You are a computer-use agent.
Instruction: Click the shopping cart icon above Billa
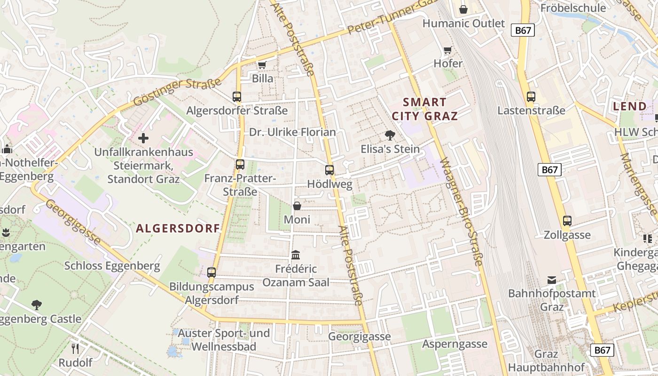click(262, 65)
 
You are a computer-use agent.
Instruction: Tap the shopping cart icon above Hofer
click(448, 50)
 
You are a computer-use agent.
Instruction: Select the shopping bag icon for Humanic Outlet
click(463, 9)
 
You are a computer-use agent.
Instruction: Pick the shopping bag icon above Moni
click(297, 206)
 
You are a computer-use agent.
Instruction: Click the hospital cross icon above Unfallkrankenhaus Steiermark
click(143, 138)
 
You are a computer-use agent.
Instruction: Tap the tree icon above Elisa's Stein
click(390, 135)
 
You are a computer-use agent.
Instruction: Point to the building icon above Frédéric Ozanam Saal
click(296, 255)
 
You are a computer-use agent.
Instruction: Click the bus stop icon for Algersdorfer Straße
click(237, 97)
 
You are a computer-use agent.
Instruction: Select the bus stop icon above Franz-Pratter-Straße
click(240, 164)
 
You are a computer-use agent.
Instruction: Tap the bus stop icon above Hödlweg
click(329, 170)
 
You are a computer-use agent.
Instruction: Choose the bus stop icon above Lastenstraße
click(531, 97)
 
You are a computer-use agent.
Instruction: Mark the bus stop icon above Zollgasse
click(567, 221)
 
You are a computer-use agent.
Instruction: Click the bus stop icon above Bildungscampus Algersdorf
click(211, 272)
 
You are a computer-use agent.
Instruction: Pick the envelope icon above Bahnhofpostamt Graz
click(552, 280)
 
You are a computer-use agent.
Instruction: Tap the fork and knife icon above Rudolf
click(75, 349)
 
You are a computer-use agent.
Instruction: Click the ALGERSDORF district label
click(178, 228)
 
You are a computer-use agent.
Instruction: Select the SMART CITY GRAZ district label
click(425, 109)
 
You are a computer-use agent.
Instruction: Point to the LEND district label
click(630, 107)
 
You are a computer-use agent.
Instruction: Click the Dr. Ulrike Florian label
click(292, 132)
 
